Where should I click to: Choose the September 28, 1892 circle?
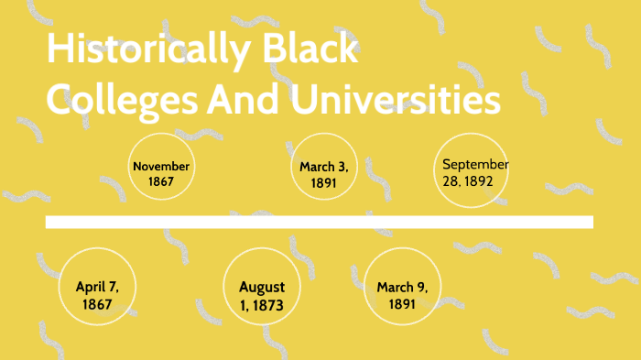click(x=471, y=171)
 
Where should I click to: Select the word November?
click(x=161, y=167)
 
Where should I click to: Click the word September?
click(x=475, y=164)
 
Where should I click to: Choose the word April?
click(x=89, y=287)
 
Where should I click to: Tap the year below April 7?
click(x=96, y=303)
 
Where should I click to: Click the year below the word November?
click(x=161, y=181)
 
